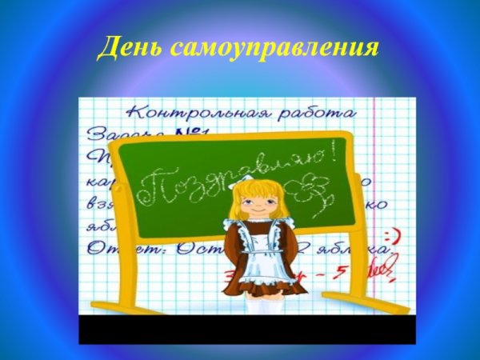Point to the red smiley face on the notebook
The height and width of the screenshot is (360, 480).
(390, 238)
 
